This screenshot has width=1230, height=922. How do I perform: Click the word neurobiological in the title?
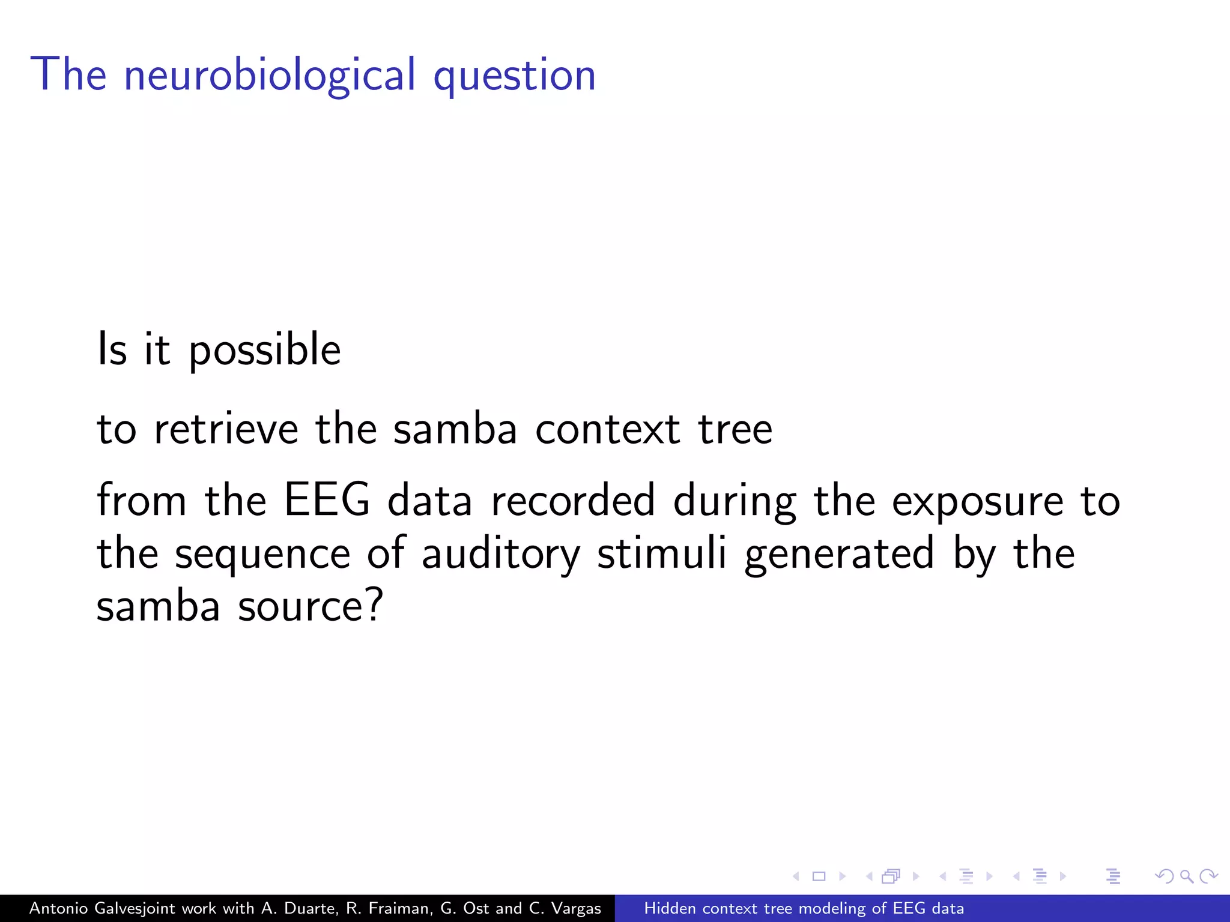(x=270, y=75)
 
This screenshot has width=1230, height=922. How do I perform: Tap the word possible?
(x=265, y=351)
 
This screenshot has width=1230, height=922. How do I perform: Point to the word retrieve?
(x=226, y=429)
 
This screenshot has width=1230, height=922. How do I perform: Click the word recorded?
(x=573, y=501)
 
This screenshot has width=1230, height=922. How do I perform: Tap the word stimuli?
(x=661, y=553)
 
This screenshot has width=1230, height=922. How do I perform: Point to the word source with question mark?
(x=311, y=606)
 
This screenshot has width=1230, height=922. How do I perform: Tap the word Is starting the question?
(x=112, y=349)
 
